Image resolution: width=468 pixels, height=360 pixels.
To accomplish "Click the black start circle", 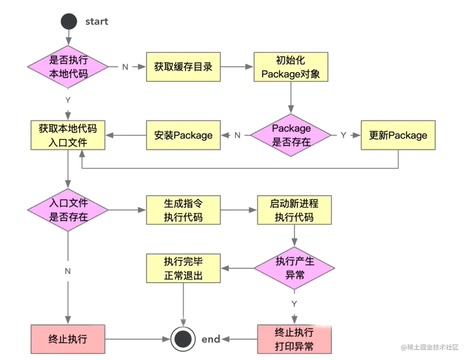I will (x=69, y=22).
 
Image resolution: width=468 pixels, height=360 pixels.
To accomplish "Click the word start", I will (x=97, y=22).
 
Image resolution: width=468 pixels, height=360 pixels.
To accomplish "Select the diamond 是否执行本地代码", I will (x=68, y=67).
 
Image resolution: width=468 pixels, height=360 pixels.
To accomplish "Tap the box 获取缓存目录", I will (x=183, y=67).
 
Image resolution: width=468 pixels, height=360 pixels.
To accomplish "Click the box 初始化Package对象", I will (x=291, y=67).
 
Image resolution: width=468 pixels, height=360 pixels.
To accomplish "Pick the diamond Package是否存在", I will (x=291, y=135).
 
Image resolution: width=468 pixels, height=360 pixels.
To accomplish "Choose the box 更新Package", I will (x=398, y=135).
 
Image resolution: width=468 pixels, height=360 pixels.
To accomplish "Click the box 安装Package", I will (x=183, y=135).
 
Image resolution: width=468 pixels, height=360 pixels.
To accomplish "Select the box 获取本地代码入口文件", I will (x=68, y=135).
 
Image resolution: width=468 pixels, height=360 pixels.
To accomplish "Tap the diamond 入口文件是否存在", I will (x=68, y=210).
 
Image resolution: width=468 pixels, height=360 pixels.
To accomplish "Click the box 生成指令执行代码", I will (x=183, y=210).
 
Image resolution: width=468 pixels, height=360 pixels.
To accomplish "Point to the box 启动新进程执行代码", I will (x=294, y=210).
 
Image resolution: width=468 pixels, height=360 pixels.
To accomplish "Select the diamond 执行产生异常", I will (x=294, y=268).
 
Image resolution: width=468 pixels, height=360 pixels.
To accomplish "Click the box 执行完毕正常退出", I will (x=183, y=268).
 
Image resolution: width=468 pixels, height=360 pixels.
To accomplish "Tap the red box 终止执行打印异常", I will (x=294, y=339).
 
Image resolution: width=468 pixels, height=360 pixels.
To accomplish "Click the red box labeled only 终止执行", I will (x=68, y=339).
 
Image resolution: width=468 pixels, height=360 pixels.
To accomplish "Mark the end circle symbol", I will (x=183, y=339).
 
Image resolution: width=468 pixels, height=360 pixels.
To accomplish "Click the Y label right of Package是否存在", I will (x=343, y=135).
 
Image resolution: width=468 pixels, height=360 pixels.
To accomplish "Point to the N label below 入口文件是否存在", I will (x=68, y=271).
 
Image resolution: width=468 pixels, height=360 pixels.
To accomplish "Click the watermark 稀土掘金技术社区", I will (x=430, y=347).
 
